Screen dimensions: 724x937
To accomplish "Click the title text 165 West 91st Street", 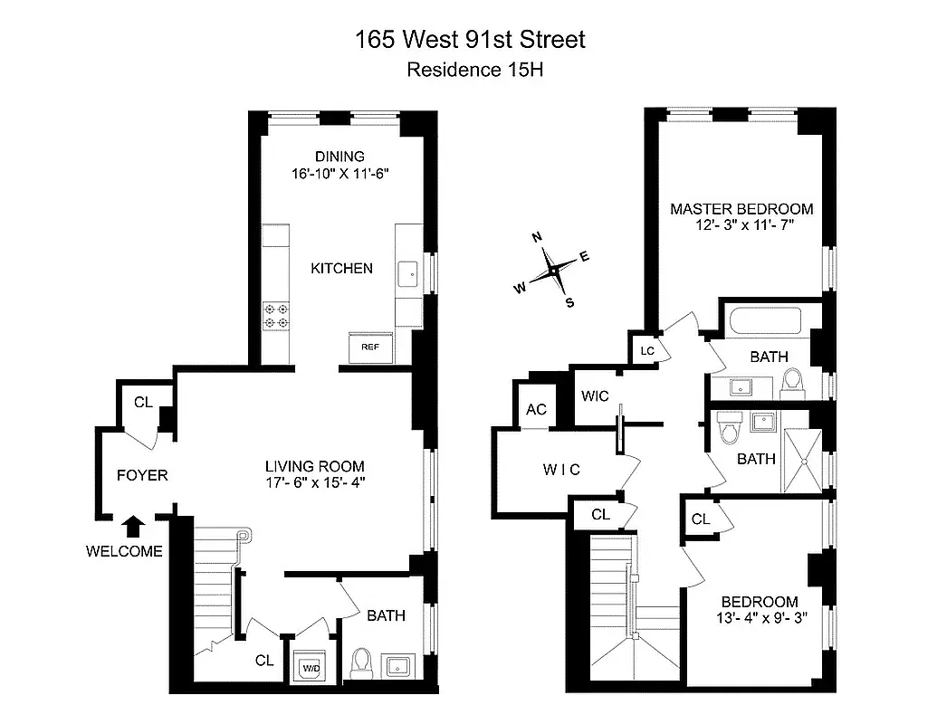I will click(x=468, y=40).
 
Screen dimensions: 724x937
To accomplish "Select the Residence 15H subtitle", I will click(x=468, y=70).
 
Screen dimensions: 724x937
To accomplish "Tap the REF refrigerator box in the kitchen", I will click(x=369, y=347).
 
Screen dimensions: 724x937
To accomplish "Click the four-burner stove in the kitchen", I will click(x=276, y=315).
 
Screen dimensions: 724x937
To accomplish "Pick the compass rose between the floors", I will click(x=551, y=270).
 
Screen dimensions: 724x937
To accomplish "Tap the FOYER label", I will click(x=142, y=474).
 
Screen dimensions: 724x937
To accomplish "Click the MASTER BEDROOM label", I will click(x=741, y=208).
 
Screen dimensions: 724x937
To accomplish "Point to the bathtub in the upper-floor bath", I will click(x=768, y=322).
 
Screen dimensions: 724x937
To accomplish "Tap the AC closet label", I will click(x=536, y=409).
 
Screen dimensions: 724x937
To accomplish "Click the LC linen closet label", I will click(x=646, y=350).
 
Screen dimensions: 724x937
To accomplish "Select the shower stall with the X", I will click(x=806, y=459).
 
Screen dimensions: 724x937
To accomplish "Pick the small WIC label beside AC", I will click(x=595, y=396).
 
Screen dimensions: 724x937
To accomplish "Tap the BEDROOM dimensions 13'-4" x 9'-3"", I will click(x=759, y=619).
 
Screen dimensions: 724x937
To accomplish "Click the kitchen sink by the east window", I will click(x=410, y=271).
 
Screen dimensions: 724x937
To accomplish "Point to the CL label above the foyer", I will click(x=143, y=403).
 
